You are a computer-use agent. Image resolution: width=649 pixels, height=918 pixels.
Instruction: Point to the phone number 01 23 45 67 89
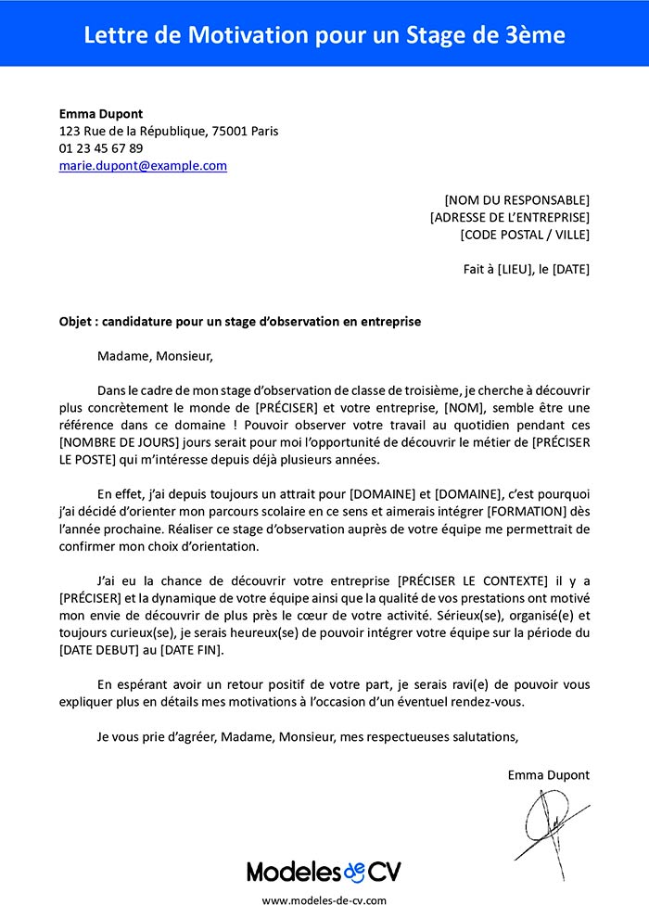click(x=100, y=148)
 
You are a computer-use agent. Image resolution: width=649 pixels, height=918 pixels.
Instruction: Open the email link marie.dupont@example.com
click(x=143, y=166)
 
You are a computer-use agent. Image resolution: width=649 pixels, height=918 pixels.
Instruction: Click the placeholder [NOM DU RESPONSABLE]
click(x=516, y=199)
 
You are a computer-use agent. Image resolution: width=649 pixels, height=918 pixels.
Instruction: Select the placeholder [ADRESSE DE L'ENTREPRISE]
click(x=509, y=217)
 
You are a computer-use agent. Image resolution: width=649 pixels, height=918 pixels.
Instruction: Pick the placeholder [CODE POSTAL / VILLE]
click(x=524, y=235)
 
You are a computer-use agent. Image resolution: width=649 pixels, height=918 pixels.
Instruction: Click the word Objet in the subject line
click(x=75, y=322)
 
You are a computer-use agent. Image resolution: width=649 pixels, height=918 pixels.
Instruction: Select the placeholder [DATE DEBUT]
click(x=101, y=651)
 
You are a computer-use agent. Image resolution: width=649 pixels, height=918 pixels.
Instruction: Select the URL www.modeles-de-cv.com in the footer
click(x=324, y=900)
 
